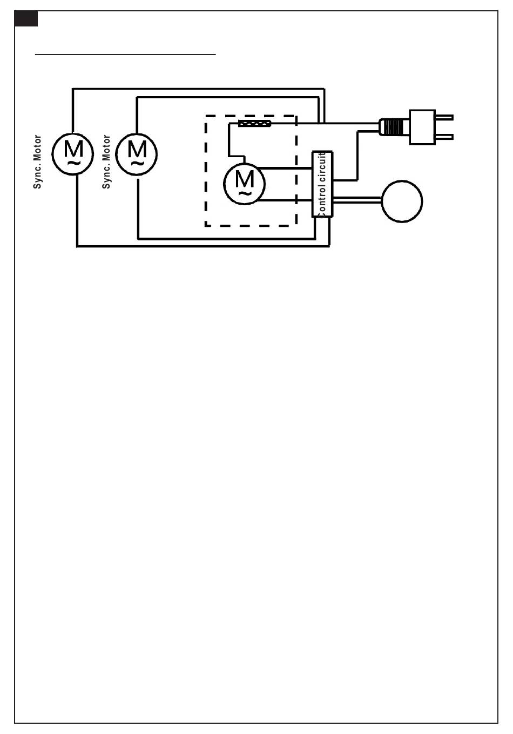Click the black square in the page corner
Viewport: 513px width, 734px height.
(26, 19)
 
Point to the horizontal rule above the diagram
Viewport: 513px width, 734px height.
(125, 54)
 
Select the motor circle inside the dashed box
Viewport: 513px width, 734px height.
(245, 184)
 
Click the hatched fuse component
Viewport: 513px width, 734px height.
(254, 124)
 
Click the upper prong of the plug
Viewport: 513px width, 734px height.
(444, 117)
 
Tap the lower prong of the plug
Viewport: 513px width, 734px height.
(444, 137)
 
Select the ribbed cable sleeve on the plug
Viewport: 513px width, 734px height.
(393, 127)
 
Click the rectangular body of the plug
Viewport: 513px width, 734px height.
(422, 127)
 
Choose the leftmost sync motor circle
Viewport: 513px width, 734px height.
(73, 154)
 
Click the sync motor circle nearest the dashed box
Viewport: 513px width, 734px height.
(136, 154)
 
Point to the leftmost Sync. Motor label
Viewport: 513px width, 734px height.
(37, 162)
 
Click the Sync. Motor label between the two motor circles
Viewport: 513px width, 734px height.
(106, 162)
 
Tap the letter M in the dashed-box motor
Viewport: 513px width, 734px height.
(245, 179)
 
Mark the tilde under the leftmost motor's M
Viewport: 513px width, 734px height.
(73, 163)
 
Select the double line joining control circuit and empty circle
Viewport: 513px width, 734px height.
(357, 200)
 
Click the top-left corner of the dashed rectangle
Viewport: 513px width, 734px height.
(206, 116)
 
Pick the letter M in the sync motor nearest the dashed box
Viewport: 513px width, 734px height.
(137, 149)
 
